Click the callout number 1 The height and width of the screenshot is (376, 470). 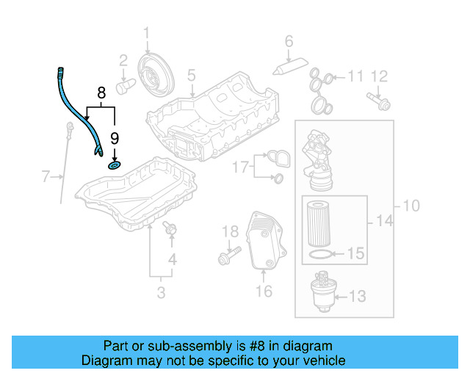coord(146,32)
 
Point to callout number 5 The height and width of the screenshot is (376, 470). coord(191,75)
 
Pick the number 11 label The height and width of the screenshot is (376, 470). coord(355,76)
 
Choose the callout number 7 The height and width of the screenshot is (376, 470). coord(46,176)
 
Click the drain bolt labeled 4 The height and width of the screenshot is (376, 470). coord(171,230)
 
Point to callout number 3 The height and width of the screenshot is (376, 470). coord(161,294)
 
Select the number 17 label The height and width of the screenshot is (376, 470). coord(241,167)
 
